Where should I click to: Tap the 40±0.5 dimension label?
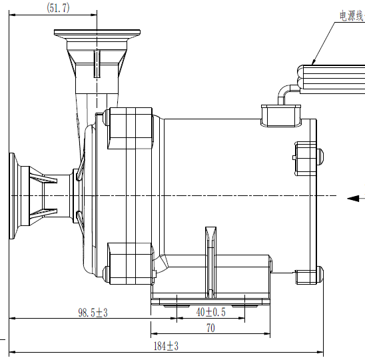click(210, 312)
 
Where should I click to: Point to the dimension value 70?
click(210, 328)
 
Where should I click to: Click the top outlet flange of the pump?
click(97, 34)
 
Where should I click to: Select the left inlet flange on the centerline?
click(14, 195)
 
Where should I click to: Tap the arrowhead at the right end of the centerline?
click(353, 197)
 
